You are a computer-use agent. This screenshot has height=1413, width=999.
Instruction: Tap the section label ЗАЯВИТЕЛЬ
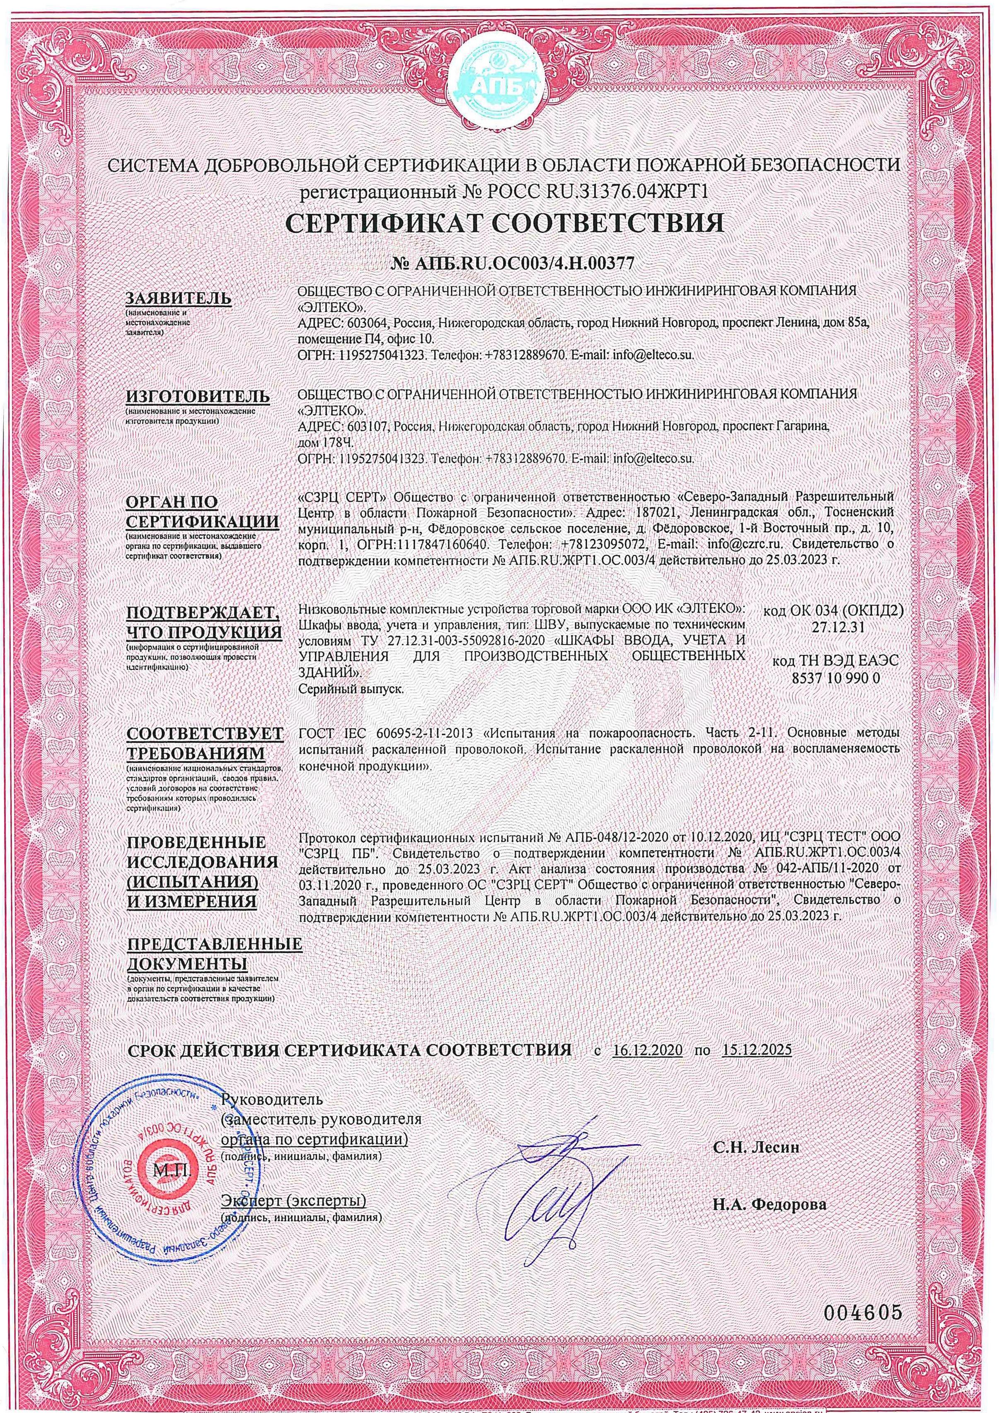point(179,298)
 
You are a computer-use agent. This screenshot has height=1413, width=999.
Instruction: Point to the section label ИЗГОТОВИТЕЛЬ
point(198,396)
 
